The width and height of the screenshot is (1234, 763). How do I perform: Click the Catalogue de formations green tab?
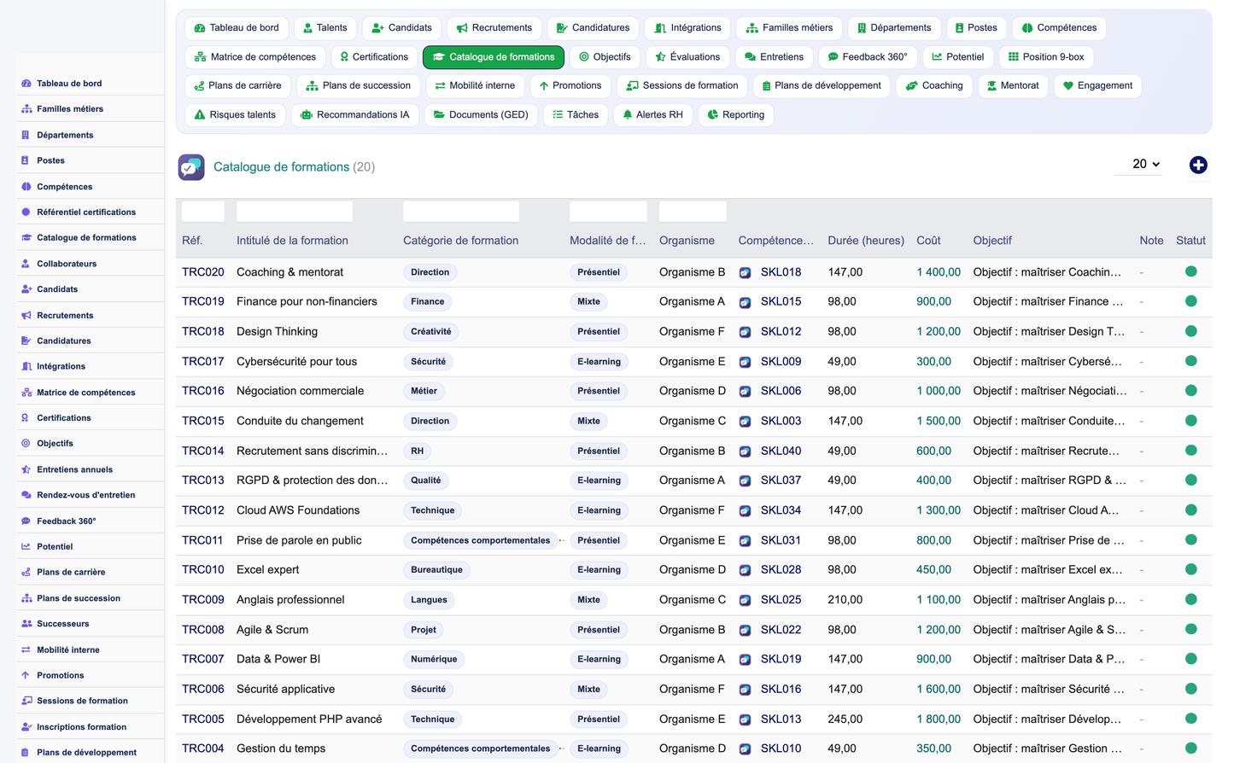[x=493, y=56]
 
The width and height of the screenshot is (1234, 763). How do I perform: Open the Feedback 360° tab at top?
[x=868, y=56]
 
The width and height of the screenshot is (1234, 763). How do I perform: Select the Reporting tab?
[x=735, y=114]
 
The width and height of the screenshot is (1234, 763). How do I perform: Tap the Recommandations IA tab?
[x=354, y=114]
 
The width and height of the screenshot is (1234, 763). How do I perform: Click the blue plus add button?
[x=1197, y=165]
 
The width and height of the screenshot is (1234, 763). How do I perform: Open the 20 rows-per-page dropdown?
[x=1146, y=164]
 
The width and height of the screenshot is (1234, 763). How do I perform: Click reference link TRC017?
[x=202, y=361]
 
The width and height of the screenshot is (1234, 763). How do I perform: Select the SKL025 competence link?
[x=781, y=599]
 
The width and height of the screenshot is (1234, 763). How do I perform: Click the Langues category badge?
[x=429, y=599]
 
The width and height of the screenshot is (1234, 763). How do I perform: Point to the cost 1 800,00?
[x=939, y=719]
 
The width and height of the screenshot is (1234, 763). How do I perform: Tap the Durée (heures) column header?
[x=865, y=241]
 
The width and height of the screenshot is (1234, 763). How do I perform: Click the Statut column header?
[x=1190, y=241]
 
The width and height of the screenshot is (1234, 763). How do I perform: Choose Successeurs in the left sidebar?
[x=63, y=624]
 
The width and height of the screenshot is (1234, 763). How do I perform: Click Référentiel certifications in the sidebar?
[x=86, y=212]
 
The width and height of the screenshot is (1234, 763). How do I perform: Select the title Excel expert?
[x=268, y=569]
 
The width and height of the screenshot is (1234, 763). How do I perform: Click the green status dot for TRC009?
[x=1190, y=599]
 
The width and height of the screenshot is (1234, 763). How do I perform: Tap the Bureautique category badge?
[x=436, y=570]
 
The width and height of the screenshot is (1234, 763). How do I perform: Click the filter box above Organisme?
[x=693, y=212]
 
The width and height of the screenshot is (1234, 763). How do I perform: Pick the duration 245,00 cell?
[x=845, y=719]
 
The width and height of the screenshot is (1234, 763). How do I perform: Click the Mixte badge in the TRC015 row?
[x=588, y=421]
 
